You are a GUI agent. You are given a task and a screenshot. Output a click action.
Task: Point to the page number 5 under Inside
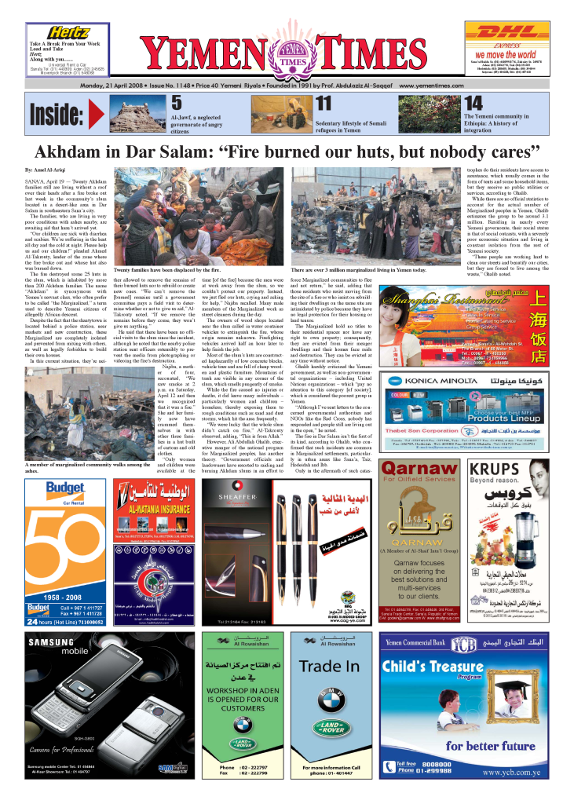tap(177, 103)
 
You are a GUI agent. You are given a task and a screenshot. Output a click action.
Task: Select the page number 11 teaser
tap(323, 103)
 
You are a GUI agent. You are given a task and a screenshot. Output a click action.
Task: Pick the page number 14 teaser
tap(474, 103)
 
